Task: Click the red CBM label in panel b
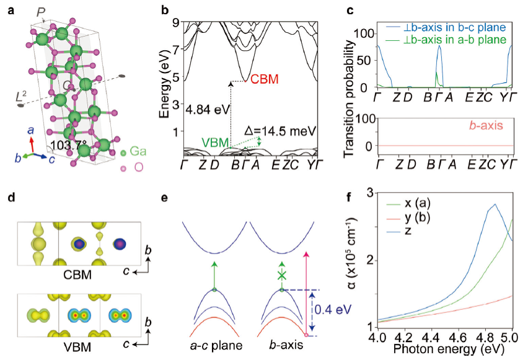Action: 265,79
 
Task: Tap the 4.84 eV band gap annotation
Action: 206,109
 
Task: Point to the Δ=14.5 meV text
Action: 284,131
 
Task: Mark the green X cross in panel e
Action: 283,275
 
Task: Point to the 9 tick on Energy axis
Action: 175,23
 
